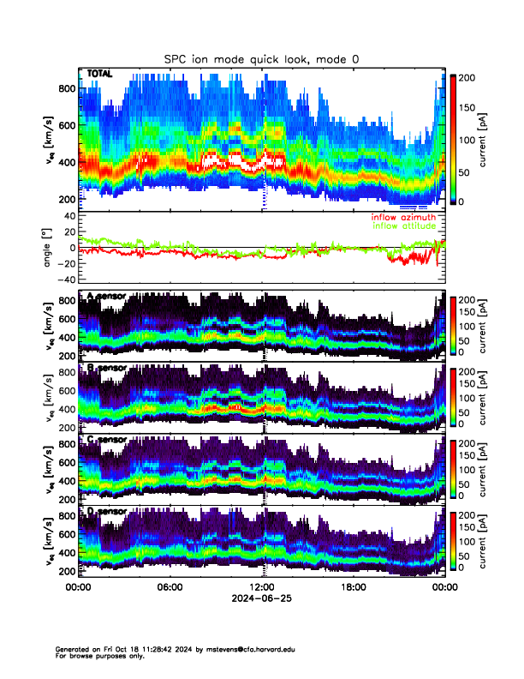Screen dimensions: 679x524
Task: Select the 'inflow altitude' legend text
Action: click(x=402, y=226)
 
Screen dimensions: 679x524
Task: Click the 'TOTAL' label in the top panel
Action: click(x=99, y=75)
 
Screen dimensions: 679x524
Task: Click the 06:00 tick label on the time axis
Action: click(x=170, y=587)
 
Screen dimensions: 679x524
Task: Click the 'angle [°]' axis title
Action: click(x=49, y=247)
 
